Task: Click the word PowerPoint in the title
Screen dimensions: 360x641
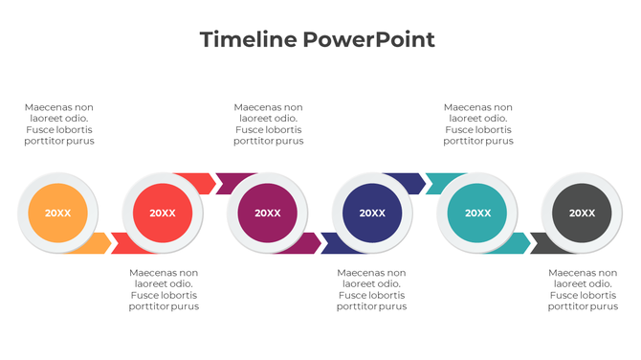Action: point(368,39)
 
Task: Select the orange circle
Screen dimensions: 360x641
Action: point(58,213)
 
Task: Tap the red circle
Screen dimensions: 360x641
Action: point(163,213)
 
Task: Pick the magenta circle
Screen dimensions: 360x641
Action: point(268,213)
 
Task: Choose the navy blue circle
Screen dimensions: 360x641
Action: point(372,213)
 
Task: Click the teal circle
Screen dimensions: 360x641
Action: point(477,213)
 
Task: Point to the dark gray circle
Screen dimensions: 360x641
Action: point(582,213)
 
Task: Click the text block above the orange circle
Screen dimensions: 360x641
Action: point(59,124)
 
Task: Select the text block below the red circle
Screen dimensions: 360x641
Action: point(164,289)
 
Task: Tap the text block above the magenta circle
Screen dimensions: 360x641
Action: point(269,124)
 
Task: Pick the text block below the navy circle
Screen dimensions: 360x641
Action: point(372,289)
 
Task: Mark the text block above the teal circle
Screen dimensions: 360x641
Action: point(478,124)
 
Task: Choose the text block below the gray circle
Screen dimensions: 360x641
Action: point(583,289)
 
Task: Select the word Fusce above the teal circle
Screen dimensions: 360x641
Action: point(459,129)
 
